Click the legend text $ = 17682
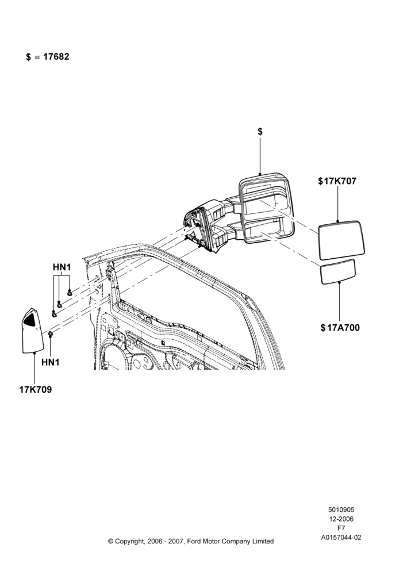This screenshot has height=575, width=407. click(x=48, y=57)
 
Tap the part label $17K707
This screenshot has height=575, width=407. click(x=337, y=181)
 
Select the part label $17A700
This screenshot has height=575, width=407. click(x=340, y=328)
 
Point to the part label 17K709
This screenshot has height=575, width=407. click(x=36, y=389)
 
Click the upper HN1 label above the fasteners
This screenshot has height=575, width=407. click(x=62, y=267)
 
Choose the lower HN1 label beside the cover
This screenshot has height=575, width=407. click(x=50, y=362)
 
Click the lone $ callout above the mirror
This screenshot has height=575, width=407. click(x=260, y=132)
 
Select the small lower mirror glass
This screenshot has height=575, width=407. click(x=337, y=272)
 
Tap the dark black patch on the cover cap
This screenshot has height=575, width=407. click(x=30, y=319)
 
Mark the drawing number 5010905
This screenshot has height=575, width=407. click(x=341, y=509)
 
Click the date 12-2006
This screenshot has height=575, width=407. click(x=341, y=519)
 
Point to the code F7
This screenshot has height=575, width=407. click(x=341, y=528)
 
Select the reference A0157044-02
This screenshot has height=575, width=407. click(x=341, y=538)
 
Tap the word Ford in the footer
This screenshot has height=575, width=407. click(x=195, y=541)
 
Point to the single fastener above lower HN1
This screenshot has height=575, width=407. click(x=50, y=333)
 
